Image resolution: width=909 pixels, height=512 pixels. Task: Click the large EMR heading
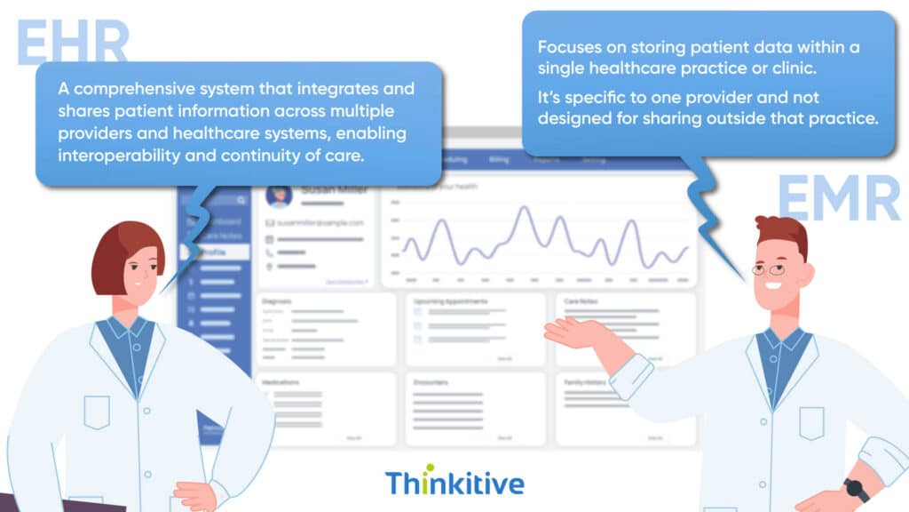tap(839, 197)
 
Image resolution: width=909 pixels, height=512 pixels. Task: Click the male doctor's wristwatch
tap(856, 488)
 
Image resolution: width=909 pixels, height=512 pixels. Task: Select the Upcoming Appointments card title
tap(451, 301)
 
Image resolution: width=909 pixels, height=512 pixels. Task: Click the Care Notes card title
tap(581, 301)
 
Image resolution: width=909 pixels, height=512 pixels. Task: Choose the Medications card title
tap(281, 382)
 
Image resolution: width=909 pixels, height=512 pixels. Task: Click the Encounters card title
tap(431, 382)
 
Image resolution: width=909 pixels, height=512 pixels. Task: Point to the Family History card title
tap(587, 382)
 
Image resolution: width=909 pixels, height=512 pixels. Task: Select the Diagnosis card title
tap(277, 301)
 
